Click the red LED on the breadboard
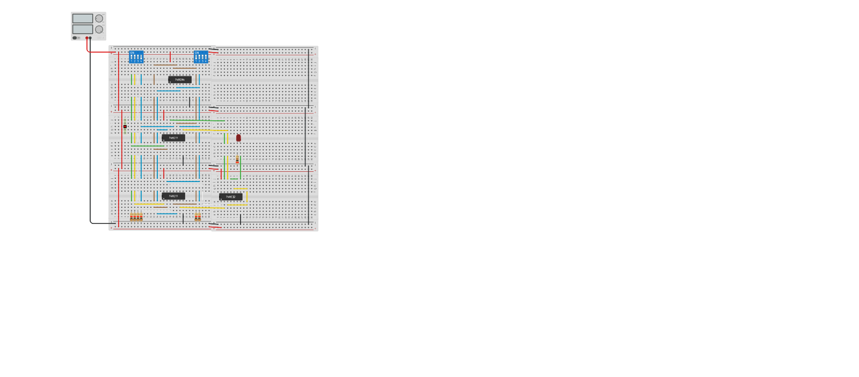tap(238, 138)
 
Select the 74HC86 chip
tap(180, 79)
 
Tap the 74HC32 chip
tap(231, 197)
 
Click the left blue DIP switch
tap(136, 57)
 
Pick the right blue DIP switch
tap(201, 57)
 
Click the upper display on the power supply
tap(83, 18)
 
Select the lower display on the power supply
tap(83, 29)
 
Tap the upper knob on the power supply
tap(99, 18)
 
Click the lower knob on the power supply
tap(99, 29)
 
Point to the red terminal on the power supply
tap(87, 38)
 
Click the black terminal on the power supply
tap(90, 38)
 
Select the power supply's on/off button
tap(75, 38)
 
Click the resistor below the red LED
tap(237, 159)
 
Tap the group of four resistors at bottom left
tap(136, 217)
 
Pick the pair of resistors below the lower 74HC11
tap(198, 217)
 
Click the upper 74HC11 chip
tap(173, 138)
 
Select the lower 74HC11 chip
tap(173, 196)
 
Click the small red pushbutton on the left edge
tap(125, 127)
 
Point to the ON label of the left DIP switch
tap(133, 53)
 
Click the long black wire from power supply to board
tap(90, 134)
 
